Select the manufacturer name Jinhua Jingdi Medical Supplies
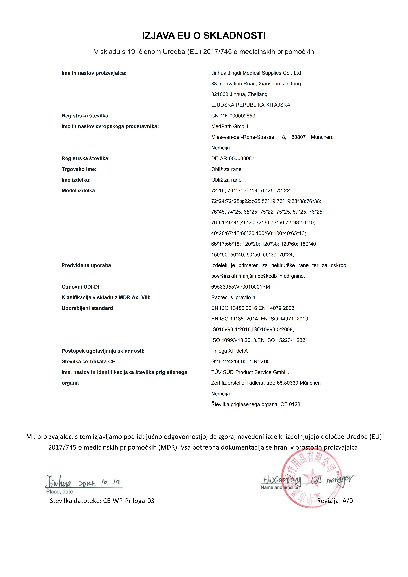[x=256, y=73]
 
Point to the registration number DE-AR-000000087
[x=233, y=159]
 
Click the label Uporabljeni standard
[x=87, y=308]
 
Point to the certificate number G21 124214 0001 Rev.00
[x=240, y=362]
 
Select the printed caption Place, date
[x=59, y=492]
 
